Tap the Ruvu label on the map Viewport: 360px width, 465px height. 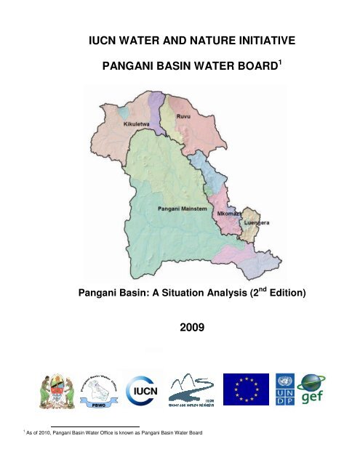tap(191, 113)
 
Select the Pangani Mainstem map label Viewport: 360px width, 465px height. tap(183, 209)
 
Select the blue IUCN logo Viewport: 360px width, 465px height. tap(143, 390)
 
